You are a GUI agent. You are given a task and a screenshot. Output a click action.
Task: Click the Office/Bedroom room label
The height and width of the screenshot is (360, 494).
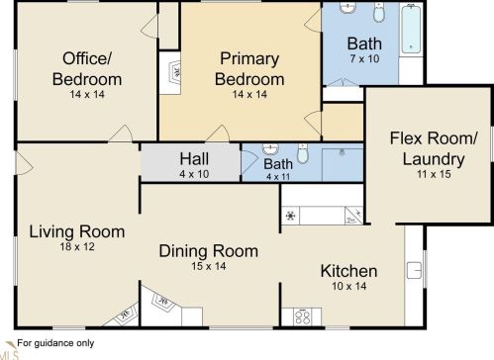(87, 69)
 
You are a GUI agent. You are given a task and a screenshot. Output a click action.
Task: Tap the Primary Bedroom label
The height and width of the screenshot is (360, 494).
(249, 69)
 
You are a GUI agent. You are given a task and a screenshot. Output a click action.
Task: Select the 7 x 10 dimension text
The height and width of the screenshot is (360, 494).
(364, 58)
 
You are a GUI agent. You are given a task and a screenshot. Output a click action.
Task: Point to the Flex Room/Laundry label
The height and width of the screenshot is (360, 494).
(434, 148)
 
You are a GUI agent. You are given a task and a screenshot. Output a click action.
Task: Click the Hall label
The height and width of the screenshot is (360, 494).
(194, 159)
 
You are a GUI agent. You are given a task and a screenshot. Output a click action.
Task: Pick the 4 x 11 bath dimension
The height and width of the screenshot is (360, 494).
(278, 177)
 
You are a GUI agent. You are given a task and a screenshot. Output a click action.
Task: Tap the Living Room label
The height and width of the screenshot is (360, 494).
(77, 231)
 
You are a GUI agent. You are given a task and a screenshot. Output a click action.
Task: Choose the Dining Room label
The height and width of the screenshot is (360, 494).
(209, 251)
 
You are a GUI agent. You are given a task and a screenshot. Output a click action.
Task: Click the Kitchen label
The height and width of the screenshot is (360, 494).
(348, 271)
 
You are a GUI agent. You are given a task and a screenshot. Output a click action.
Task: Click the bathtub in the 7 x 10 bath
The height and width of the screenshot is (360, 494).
(411, 29)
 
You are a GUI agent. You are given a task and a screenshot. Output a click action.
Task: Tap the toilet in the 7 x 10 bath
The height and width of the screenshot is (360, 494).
(379, 12)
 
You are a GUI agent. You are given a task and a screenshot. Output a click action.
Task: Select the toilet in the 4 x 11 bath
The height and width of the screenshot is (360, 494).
(303, 153)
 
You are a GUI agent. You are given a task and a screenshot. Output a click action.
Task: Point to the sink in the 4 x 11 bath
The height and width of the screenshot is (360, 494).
(270, 149)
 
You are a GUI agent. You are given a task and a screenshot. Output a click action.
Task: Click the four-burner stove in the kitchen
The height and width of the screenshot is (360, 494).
(303, 316)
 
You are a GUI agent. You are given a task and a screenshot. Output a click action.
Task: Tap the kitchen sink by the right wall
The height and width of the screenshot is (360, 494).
(414, 270)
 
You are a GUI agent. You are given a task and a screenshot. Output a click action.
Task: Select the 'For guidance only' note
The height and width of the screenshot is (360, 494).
(55, 343)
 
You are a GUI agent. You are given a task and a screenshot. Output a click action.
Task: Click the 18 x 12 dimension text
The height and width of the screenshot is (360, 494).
(77, 246)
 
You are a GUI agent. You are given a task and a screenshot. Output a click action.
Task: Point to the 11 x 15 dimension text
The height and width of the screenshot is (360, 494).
(434, 174)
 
